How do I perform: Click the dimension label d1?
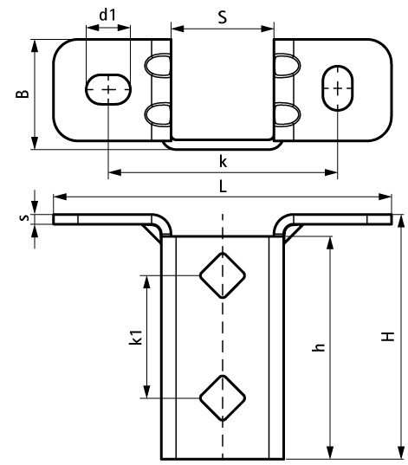107,15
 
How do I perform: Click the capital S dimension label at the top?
223,17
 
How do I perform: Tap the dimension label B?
23,94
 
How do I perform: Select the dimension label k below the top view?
223,162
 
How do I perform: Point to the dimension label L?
223,186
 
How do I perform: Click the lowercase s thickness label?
23,217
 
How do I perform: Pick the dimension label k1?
136,337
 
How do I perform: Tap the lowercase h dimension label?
319,346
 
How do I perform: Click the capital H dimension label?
387,336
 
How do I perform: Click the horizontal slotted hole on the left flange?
108,89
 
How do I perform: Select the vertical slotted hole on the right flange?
337,88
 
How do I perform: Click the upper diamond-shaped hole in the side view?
223,275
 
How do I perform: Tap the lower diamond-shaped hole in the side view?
223,398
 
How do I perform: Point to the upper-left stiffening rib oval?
158,66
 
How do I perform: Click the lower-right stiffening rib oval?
288,115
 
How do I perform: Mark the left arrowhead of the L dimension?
60,197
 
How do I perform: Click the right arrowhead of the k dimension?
331,172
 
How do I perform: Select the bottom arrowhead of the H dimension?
401,453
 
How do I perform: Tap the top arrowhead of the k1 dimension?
146,282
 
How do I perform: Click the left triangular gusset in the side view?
152,235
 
